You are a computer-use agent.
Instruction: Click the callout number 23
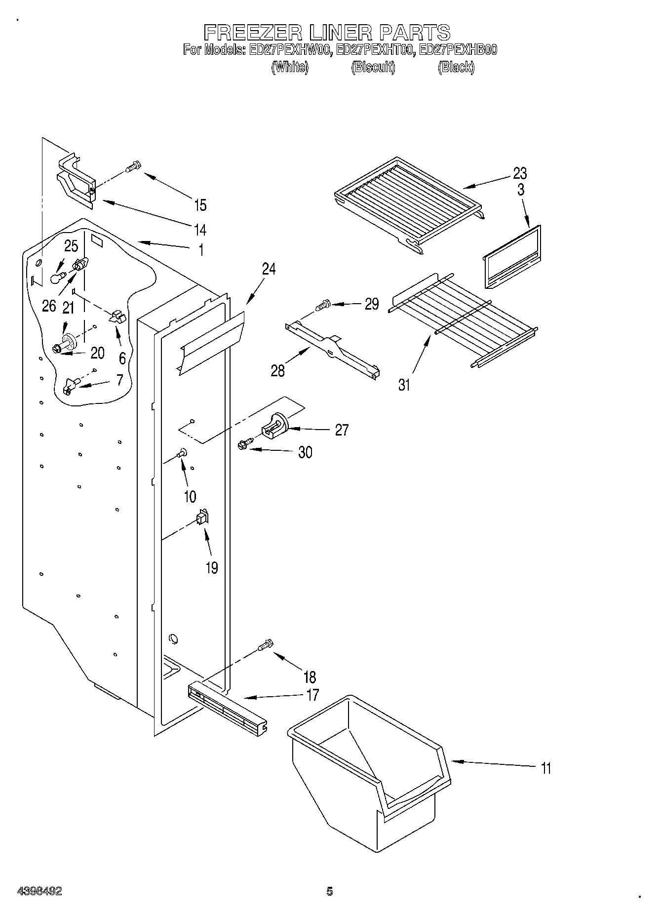coord(520,173)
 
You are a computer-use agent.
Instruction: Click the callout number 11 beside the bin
coord(545,768)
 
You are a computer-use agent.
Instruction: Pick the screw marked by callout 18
coord(266,644)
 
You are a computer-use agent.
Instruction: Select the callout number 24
coord(269,269)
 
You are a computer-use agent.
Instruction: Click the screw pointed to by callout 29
coord(324,305)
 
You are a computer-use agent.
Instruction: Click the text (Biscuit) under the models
coord(373,67)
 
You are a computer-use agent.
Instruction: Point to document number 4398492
coord(39,891)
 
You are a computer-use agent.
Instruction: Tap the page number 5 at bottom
coord(329,891)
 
